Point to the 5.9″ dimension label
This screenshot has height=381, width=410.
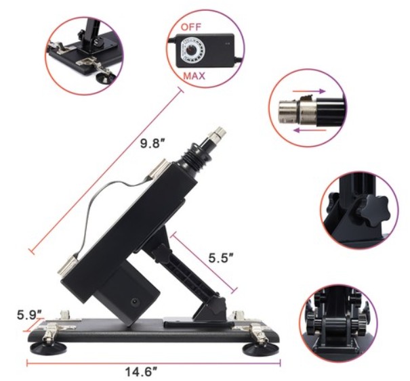[29, 314]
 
